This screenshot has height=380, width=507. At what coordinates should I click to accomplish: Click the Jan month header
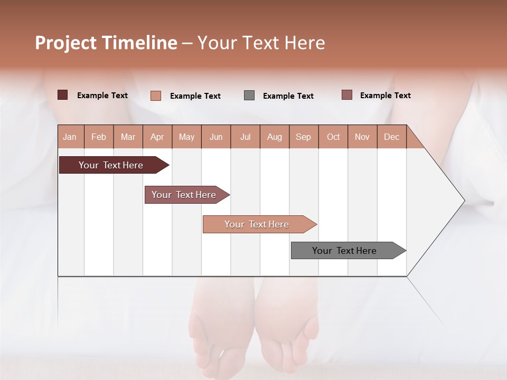(70, 137)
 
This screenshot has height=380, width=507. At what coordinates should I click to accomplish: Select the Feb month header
(99, 137)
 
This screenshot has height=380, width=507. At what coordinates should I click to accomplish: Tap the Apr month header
(157, 137)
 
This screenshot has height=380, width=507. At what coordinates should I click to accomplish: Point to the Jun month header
(216, 137)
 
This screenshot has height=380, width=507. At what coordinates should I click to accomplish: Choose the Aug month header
(274, 137)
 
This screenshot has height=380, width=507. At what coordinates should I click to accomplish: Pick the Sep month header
(303, 137)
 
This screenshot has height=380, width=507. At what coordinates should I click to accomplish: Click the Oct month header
(333, 137)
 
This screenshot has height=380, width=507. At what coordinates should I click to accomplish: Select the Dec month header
(391, 137)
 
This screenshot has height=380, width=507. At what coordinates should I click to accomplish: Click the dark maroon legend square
(62, 95)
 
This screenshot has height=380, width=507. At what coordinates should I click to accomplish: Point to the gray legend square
(249, 95)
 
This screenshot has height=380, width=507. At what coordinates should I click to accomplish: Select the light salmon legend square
(156, 96)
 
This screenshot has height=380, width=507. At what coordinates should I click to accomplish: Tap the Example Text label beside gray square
(288, 96)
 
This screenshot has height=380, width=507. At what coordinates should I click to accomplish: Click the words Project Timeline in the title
(106, 43)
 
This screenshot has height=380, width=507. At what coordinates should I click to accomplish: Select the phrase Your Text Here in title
(261, 43)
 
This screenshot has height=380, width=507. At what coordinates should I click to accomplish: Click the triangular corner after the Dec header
(413, 140)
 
